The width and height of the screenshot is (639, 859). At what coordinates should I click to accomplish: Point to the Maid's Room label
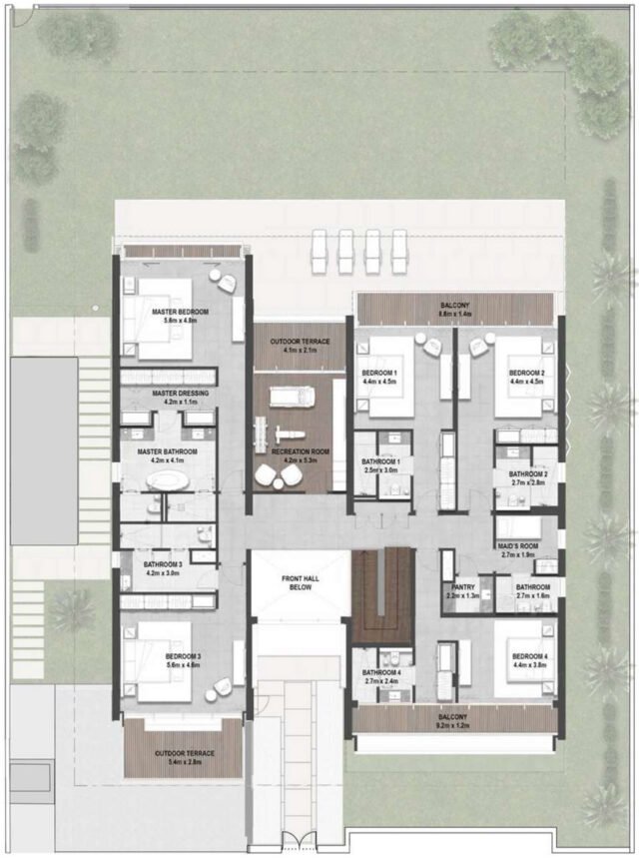tap(517, 545)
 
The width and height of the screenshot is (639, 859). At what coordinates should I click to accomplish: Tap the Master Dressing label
tap(180, 394)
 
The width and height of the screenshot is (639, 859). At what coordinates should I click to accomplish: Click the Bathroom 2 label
tap(528, 474)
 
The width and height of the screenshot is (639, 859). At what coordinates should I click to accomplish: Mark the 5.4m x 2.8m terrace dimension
tap(184, 762)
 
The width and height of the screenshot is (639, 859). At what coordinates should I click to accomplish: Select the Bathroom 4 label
tap(381, 673)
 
